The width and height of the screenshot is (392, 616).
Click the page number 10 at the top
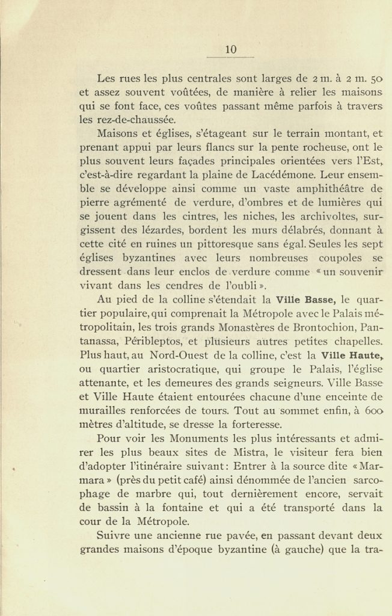pos(231,50)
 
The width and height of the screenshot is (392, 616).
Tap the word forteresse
pos(251,424)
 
